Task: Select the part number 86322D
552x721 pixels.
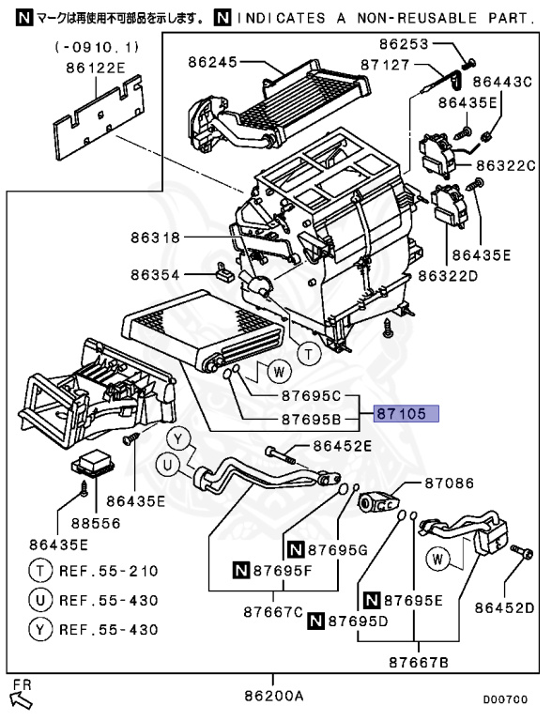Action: (x=448, y=275)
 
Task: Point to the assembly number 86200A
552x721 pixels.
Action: (x=275, y=697)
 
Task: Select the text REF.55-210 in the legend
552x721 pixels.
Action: (x=109, y=571)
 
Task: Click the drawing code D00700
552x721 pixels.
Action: (x=505, y=699)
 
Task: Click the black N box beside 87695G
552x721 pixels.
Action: (x=295, y=548)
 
